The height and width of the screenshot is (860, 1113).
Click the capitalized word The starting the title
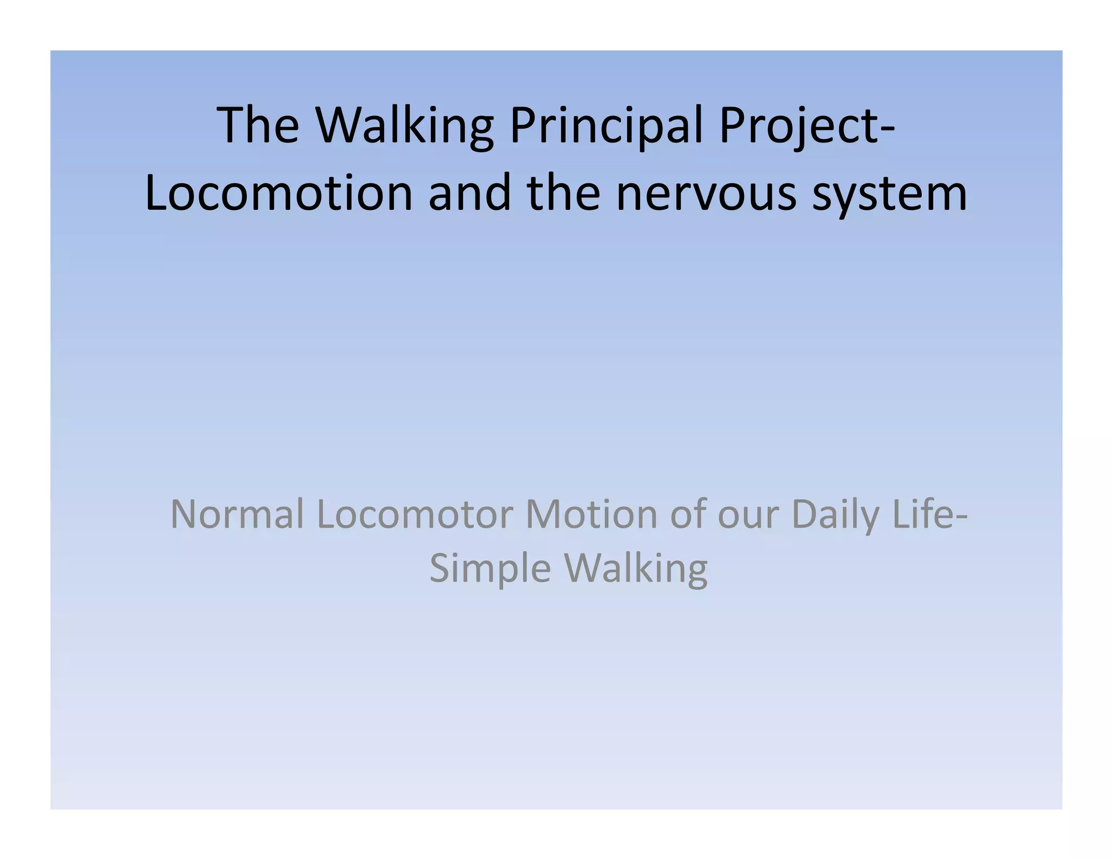[x=258, y=126]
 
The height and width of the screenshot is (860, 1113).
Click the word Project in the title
[x=796, y=127]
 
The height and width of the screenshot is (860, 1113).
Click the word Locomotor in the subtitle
[x=415, y=514]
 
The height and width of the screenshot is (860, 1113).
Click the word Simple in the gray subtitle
[x=490, y=569]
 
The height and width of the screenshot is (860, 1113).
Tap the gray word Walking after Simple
[x=636, y=569]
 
